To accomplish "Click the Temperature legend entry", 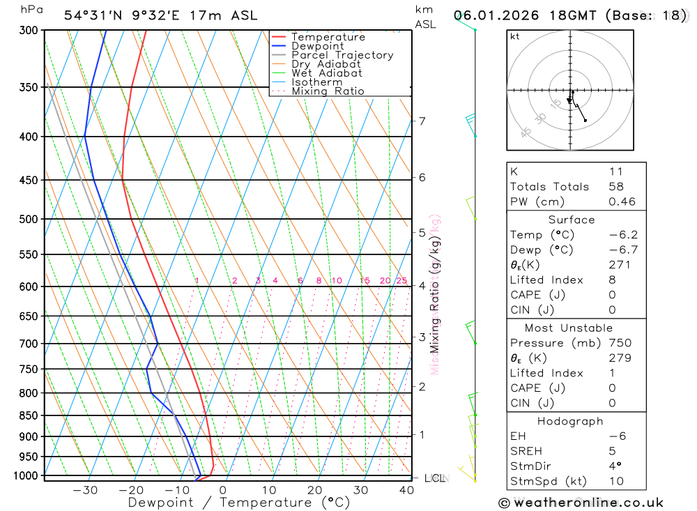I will coord(328,37).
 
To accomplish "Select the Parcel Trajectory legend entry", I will coord(342,55).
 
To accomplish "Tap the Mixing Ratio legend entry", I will coord(328,91).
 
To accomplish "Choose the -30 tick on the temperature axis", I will coord(85,490).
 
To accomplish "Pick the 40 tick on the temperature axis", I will coord(406,490).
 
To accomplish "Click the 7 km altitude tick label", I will coord(422,121).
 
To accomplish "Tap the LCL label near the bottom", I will coord(434,478).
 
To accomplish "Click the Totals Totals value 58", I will coord(615,187).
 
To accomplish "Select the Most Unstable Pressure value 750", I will coord(620,343).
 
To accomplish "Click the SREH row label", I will coord(526,451).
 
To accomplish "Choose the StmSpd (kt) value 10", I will coord(616,481).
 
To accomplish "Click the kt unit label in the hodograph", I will coord(514,36).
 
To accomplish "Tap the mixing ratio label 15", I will coord(365,281).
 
